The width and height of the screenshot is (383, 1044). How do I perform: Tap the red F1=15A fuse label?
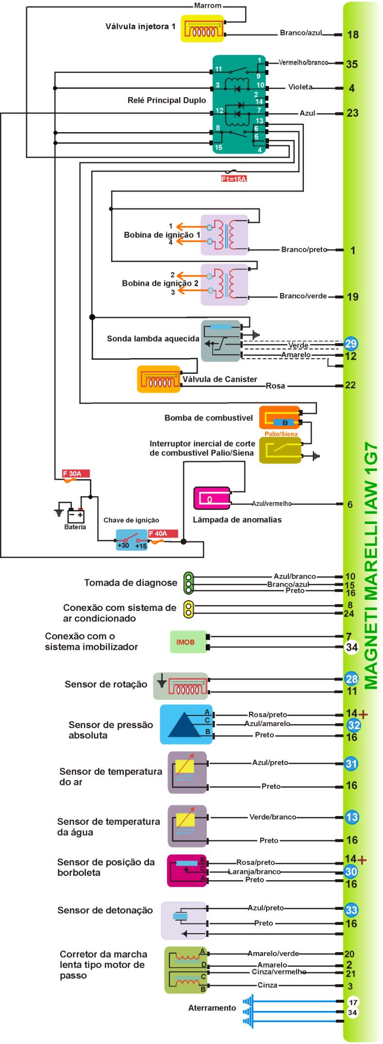[x=234, y=179]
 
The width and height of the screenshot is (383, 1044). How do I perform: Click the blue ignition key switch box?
[x=131, y=540]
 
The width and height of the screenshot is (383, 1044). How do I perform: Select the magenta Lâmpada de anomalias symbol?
[x=212, y=498]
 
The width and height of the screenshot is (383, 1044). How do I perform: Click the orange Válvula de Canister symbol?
[x=159, y=379]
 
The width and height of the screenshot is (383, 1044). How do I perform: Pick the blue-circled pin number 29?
[x=351, y=344]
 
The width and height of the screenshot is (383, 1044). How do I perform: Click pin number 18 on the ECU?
[x=353, y=35]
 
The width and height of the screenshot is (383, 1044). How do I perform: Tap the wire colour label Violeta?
[x=300, y=87]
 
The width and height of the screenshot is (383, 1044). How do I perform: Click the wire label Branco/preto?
[x=304, y=250]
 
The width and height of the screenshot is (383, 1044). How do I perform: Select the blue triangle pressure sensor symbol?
[x=186, y=724]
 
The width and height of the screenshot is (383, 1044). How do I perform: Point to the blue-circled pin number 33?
[x=351, y=910]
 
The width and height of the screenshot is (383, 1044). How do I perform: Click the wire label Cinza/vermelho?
[x=279, y=972]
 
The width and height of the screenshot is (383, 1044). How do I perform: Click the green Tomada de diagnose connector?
[x=188, y=583]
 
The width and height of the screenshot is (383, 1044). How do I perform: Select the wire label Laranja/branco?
[x=254, y=871]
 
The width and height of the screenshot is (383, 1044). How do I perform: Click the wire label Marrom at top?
[x=207, y=6]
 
